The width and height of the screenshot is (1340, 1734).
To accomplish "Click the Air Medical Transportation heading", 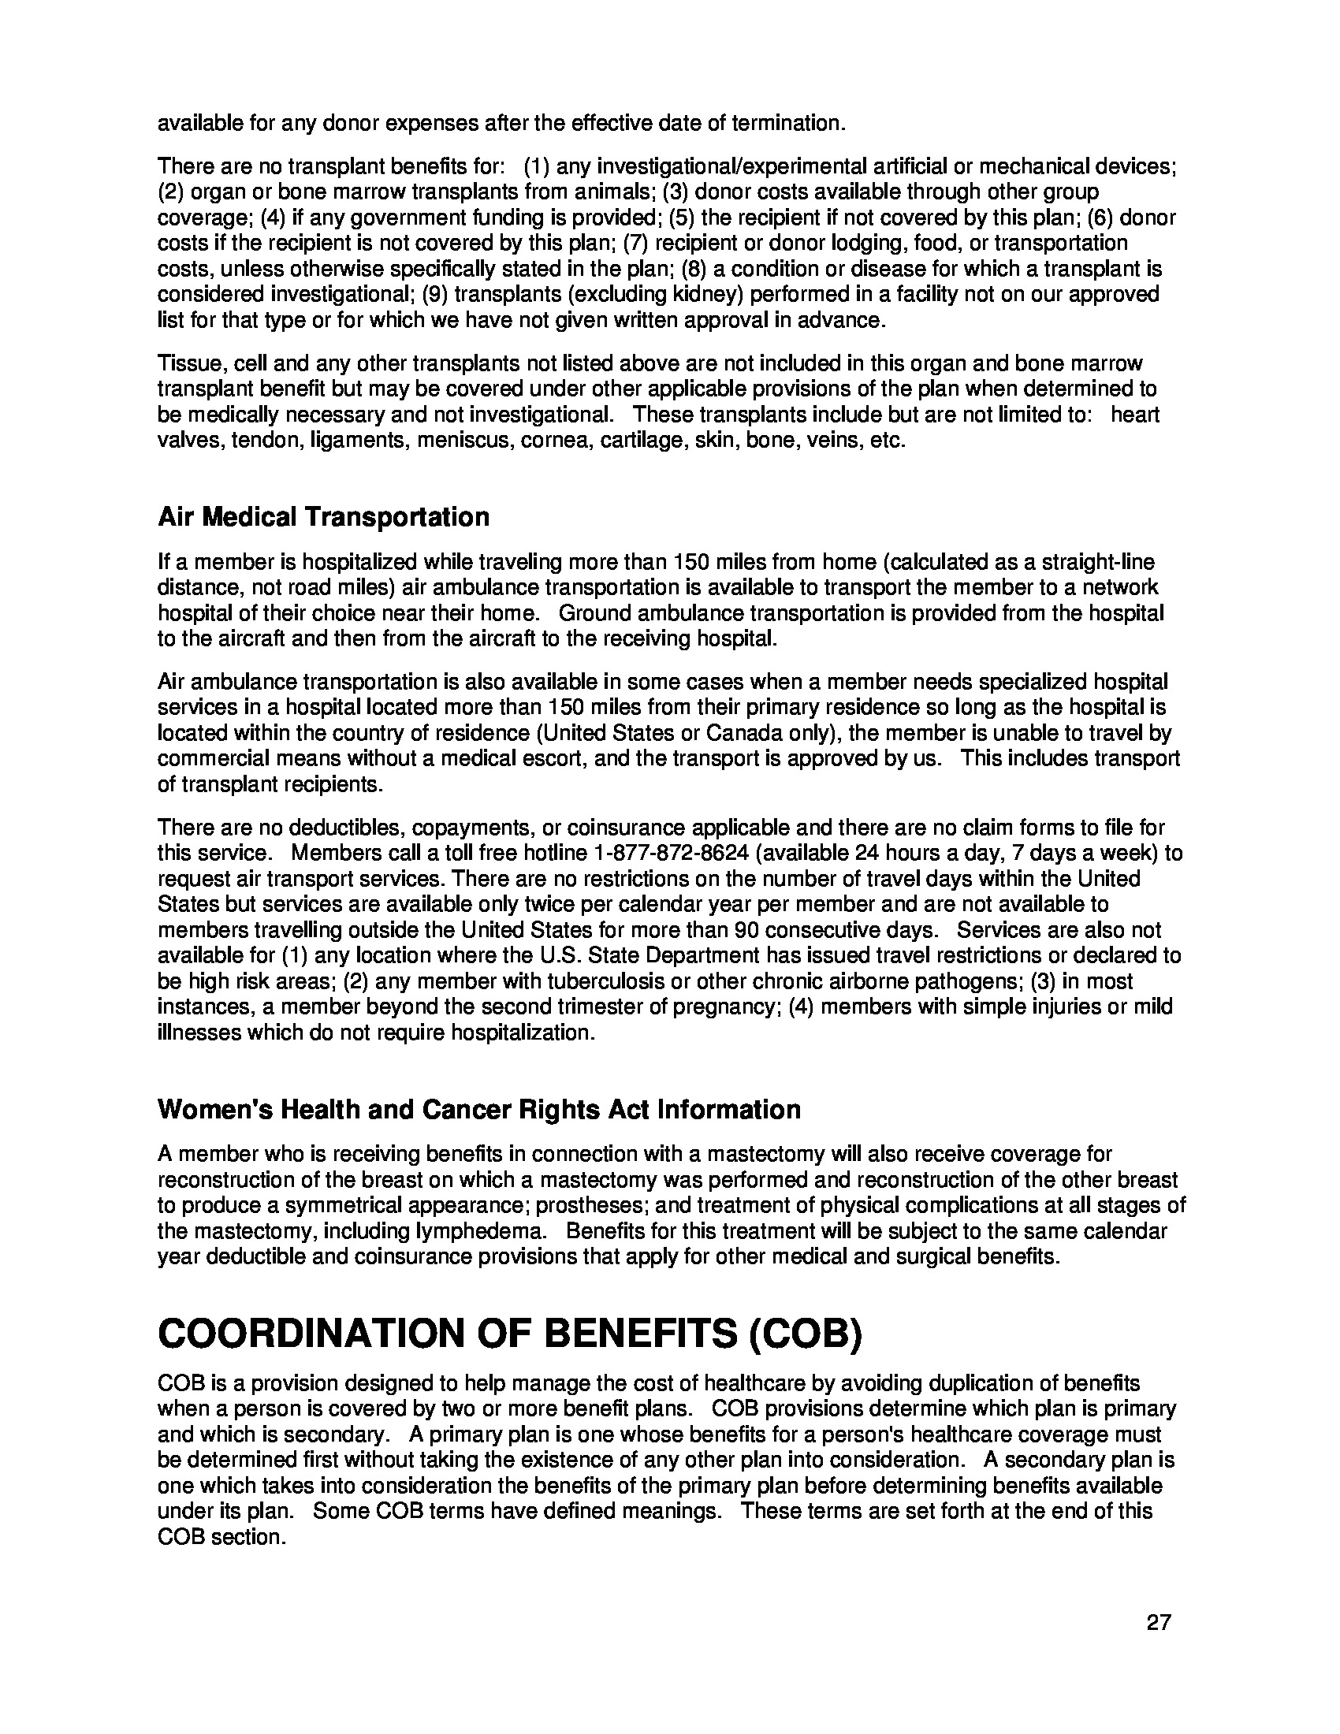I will click(x=323, y=517).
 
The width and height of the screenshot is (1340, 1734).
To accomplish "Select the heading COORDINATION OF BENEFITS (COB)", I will click(x=510, y=1332).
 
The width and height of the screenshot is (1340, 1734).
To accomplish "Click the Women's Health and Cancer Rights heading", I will click(x=478, y=1109).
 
